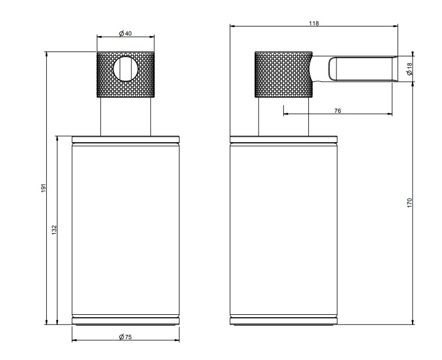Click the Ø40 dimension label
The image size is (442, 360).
[x=125, y=33]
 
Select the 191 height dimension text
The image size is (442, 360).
[x=43, y=188]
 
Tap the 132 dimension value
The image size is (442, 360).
[x=54, y=230]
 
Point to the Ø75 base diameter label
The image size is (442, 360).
[x=125, y=337]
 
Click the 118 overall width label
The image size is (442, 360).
[x=314, y=23]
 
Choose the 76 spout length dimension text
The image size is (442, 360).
[x=338, y=111]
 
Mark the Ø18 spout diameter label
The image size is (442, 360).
[x=410, y=69]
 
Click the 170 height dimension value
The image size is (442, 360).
[x=409, y=203]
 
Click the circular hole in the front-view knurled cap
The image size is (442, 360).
[x=126, y=69]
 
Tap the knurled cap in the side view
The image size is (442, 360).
[x=283, y=74]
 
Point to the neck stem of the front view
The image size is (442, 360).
[x=125, y=117]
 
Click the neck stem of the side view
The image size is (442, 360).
[x=283, y=117]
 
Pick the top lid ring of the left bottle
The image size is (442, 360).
[x=125, y=139]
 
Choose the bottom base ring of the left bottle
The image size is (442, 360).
[x=125, y=321]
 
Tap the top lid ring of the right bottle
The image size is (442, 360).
[x=283, y=139]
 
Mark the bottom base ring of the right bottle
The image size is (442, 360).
[x=283, y=321]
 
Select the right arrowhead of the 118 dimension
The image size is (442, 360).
[x=396, y=26]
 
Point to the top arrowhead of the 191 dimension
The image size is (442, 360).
[x=46, y=54]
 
